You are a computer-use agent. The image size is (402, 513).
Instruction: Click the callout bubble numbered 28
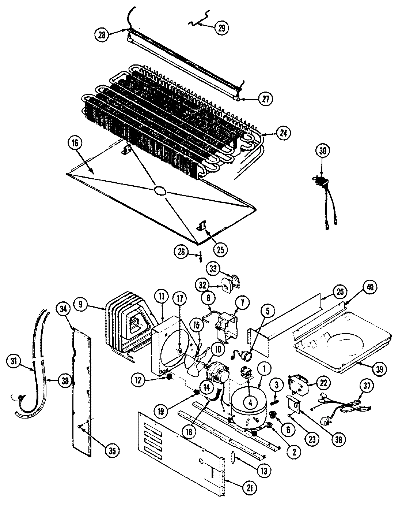pos(102,35)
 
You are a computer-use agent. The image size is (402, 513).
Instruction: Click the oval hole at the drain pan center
pos(160,190)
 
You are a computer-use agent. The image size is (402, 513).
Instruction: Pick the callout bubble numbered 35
pos(112,451)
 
